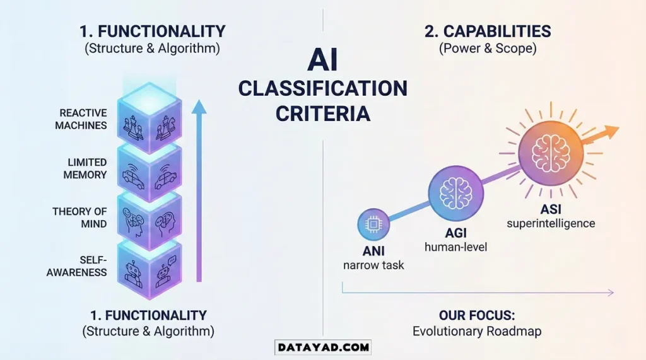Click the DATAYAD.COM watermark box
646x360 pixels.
tap(322, 346)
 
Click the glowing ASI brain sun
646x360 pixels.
tap(546, 153)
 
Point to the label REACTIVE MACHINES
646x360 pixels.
tap(83, 119)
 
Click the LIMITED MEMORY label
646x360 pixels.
tap(85, 168)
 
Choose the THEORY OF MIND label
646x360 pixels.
tap(79, 218)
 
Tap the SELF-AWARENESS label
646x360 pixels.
tap(85, 266)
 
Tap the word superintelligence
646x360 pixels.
tap(551, 223)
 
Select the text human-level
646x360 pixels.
tap(456, 247)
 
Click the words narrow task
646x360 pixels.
tap(373, 265)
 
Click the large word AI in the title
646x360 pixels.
tap(322, 61)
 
